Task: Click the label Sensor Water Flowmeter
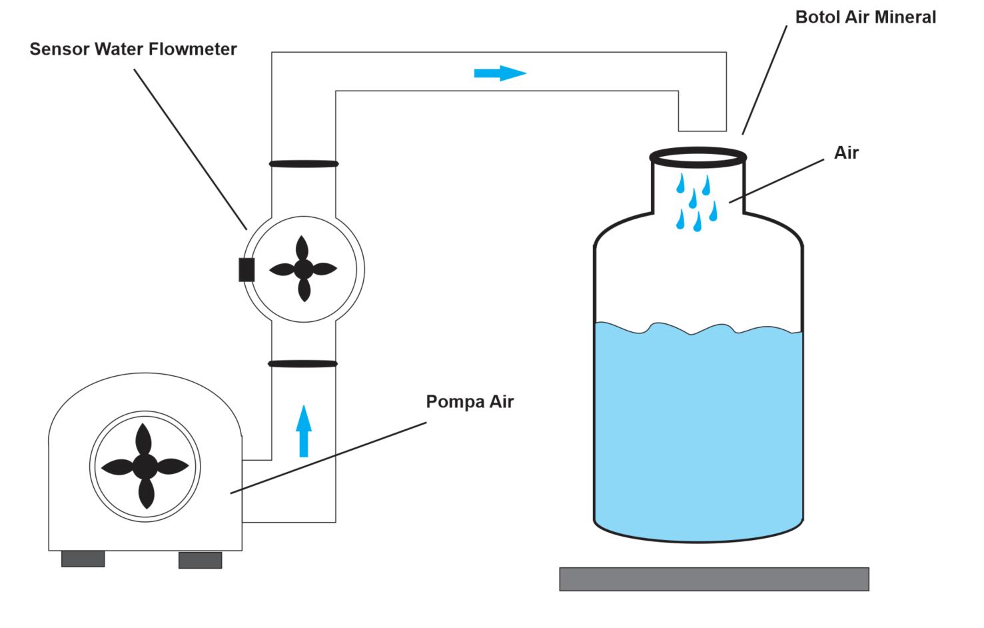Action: click(x=133, y=49)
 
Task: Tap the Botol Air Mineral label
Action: click(x=865, y=17)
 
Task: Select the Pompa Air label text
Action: click(x=470, y=402)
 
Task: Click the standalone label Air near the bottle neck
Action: click(x=846, y=153)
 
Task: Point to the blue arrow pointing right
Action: click(x=500, y=73)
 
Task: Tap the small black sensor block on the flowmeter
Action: click(x=246, y=269)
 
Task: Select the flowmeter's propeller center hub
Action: click(x=304, y=269)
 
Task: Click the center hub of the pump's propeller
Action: click(x=145, y=466)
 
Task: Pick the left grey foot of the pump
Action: click(x=83, y=559)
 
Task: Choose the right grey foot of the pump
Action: click(x=200, y=560)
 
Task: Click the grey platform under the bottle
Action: click(x=714, y=579)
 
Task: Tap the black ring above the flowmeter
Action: click(x=304, y=163)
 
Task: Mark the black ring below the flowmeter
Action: click(x=303, y=364)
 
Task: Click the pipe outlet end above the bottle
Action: click(x=702, y=127)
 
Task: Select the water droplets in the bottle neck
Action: click(x=696, y=200)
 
